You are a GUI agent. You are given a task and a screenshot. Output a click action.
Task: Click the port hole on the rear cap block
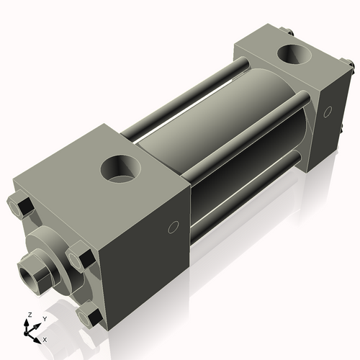tap(296, 54)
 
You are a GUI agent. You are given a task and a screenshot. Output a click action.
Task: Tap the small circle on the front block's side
tap(172, 228)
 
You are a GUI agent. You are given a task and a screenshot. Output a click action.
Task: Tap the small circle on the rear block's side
tap(328, 112)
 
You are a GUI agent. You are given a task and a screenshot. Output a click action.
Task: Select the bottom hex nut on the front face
tap(90, 315)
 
